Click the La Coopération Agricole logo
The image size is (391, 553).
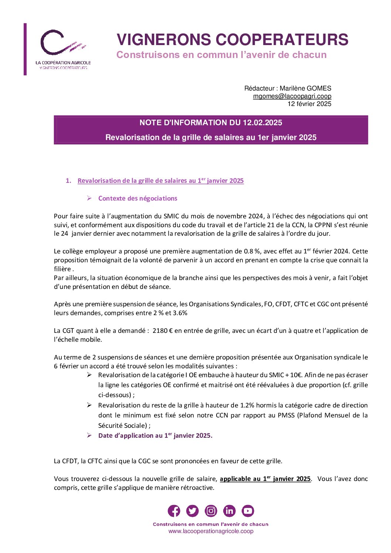(x=63, y=49)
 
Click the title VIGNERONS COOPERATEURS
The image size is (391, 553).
(x=232, y=40)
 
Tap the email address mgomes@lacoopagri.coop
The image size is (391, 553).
(x=292, y=96)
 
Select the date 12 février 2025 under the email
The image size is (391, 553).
(x=309, y=104)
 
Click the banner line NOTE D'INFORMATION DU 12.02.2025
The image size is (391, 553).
(x=211, y=123)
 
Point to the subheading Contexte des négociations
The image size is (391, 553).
(x=137, y=198)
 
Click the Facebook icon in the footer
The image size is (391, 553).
(x=174, y=511)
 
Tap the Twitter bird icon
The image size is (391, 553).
(x=192, y=511)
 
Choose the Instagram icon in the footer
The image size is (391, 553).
(x=211, y=511)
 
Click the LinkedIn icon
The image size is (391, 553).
(x=229, y=511)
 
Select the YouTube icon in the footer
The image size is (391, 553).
(x=248, y=511)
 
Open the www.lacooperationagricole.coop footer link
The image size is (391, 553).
(x=211, y=531)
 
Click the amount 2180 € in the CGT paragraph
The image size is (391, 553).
(x=163, y=331)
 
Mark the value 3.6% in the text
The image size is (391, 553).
(x=180, y=313)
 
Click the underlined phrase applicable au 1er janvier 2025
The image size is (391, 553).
(x=265, y=479)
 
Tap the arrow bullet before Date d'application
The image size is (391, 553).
(x=89, y=435)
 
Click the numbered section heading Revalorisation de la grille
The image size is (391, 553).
(x=160, y=181)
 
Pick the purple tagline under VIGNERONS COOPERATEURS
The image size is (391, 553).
(x=221, y=55)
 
